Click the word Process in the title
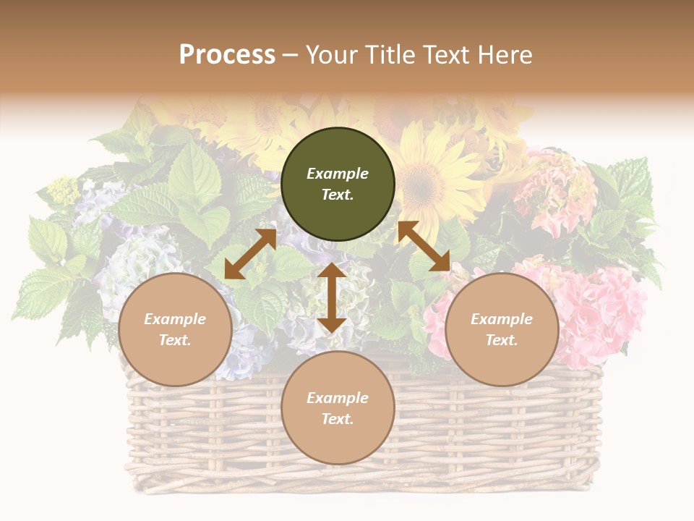227,55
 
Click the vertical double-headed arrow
332,297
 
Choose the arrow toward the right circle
424,246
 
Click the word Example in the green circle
338,174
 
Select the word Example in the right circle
502,319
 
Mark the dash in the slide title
291,55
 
